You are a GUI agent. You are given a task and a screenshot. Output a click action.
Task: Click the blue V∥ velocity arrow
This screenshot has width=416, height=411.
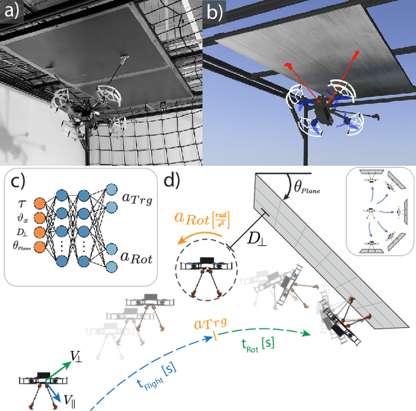point(57,394)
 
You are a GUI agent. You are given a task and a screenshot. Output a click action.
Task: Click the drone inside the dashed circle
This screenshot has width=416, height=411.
point(208,268)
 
